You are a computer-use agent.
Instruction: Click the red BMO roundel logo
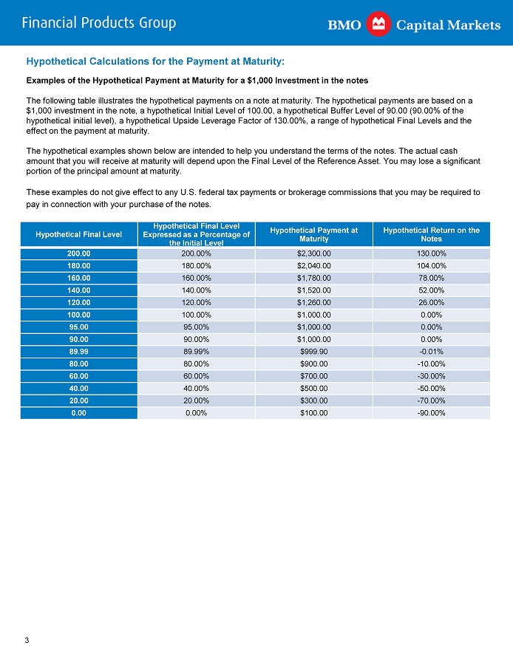click(x=379, y=24)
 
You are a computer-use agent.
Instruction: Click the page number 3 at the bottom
click(x=27, y=640)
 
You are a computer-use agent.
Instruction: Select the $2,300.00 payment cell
click(x=313, y=253)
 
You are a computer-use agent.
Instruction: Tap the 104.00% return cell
click(x=431, y=265)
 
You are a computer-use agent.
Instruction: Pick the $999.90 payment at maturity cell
click(x=313, y=351)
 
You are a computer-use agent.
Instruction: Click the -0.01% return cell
click(x=431, y=351)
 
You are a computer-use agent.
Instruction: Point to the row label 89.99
click(x=78, y=351)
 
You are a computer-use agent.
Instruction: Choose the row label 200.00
click(x=78, y=253)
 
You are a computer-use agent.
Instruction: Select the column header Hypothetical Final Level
click(x=78, y=234)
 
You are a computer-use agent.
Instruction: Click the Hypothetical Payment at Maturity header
click(x=313, y=234)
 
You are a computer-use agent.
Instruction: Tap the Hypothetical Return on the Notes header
click(x=431, y=234)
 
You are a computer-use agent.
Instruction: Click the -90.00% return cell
click(x=431, y=412)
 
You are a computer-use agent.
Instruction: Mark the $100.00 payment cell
click(x=313, y=412)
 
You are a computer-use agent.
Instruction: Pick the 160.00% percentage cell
click(x=196, y=278)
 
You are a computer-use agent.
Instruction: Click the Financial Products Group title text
click(x=99, y=23)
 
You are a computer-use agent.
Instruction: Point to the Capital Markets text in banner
click(x=448, y=25)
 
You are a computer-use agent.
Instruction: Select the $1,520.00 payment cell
click(x=313, y=290)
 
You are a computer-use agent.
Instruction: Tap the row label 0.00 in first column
click(x=78, y=412)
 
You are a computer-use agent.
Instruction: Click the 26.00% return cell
click(x=431, y=302)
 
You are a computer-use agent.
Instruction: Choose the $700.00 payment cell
click(x=313, y=375)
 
